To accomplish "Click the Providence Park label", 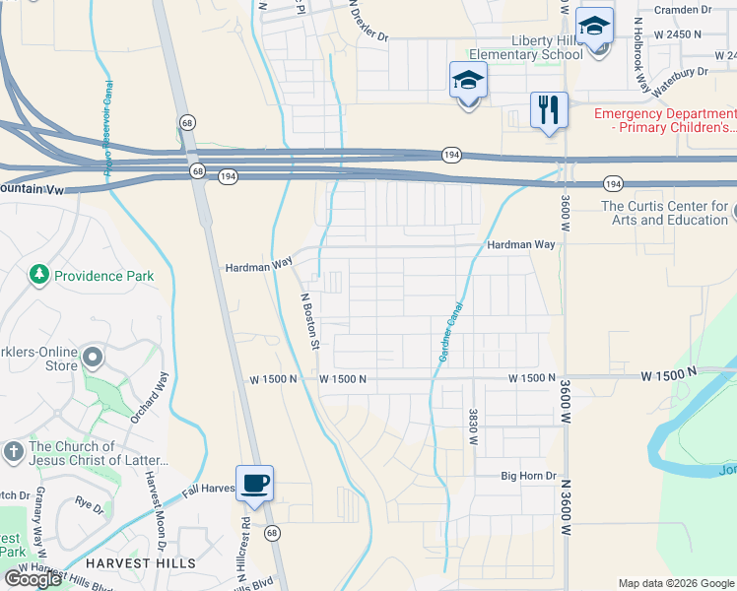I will [x=103, y=276].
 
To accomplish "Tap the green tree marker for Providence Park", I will [x=39, y=274].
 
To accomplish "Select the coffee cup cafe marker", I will [x=254, y=485].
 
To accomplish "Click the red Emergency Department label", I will [x=664, y=121].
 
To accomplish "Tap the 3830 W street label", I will [x=474, y=427].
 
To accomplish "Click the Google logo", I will [x=33, y=579].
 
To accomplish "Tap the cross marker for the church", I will [x=13, y=452].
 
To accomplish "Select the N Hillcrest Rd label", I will [x=241, y=538].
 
